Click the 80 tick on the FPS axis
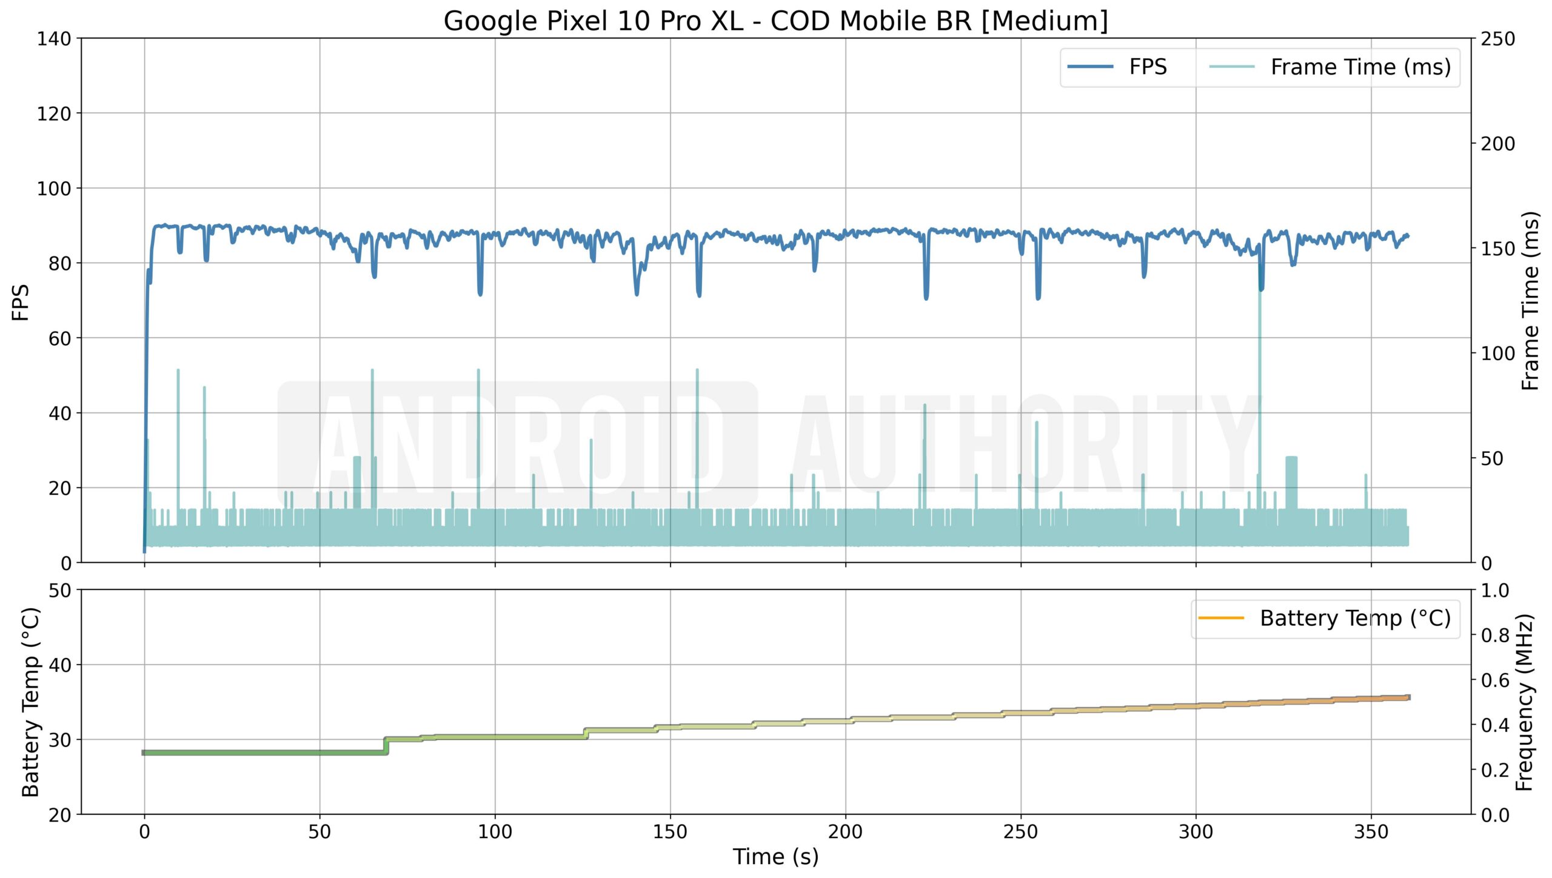(59, 263)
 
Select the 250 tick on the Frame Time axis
(1497, 39)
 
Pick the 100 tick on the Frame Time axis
(1497, 353)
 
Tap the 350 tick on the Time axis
(1371, 831)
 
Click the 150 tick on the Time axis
(670, 831)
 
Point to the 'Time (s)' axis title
(775, 857)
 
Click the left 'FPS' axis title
(21, 302)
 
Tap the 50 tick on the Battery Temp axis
(59, 590)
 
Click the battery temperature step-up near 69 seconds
(386, 745)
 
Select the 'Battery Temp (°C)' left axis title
(30, 702)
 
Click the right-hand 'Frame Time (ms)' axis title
(1530, 301)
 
